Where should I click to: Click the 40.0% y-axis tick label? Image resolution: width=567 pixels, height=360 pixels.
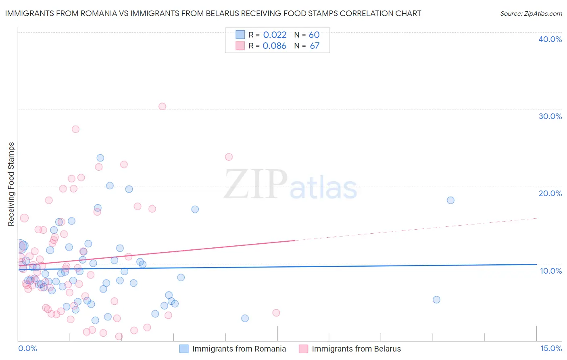(x=550, y=39)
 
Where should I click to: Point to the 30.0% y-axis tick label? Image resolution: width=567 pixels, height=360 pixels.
(x=550, y=116)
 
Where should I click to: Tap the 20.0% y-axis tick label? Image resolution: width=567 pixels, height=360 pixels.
(x=550, y=193)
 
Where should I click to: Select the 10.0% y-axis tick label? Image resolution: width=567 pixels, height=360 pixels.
(x=550, y=271)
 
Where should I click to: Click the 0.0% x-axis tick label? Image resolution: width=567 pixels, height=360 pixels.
(x=27, y=349)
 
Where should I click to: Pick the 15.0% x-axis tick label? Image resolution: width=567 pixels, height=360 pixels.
(x=551, y=349)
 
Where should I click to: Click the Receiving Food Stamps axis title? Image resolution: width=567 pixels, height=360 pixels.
(x=11, y=184)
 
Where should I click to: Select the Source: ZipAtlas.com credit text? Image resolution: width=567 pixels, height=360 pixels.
(x=531, y=13)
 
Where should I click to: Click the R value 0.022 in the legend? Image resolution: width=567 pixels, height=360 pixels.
(x=275, y=35)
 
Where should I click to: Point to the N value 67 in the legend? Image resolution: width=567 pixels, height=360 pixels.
(x=315, y=46)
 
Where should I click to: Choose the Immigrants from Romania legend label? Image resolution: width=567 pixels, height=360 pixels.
(x=239, y=349)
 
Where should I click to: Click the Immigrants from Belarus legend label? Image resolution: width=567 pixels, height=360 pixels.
(x=356, y=349)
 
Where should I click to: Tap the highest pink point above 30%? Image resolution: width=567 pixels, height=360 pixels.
(x=162, y=107)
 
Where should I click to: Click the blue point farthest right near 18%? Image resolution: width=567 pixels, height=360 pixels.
(x=450, y=200)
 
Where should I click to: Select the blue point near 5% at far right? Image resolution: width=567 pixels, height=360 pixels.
(x=436, y=299)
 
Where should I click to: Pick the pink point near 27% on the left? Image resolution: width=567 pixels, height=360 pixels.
(x=75, y=129)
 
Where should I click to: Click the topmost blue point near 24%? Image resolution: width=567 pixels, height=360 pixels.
(x=100, y=158)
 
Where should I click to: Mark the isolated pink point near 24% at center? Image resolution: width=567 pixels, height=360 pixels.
(x=229, y=157)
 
